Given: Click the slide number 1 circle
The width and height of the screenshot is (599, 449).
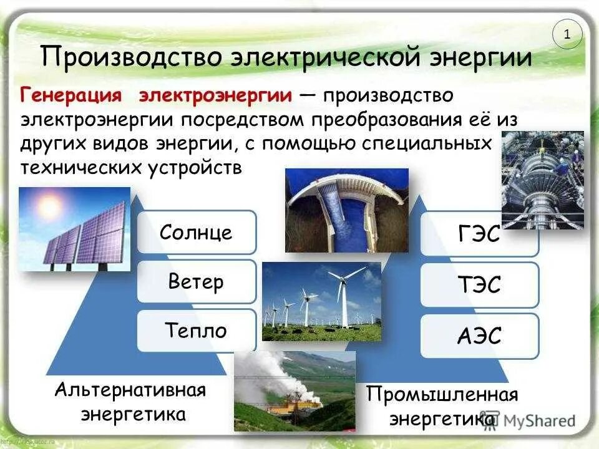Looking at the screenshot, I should click(567, 35).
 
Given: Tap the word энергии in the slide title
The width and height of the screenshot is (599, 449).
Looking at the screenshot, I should click(480, 58).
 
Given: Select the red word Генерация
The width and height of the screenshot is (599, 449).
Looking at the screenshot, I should click(71, 96).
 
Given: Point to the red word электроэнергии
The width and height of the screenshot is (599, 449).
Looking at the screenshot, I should click(215, 96).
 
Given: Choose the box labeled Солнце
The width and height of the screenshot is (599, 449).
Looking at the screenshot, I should click(196, 233).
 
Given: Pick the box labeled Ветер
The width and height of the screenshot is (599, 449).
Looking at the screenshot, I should click(196, 282).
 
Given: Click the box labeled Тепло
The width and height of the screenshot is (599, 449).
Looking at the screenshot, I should click(196, 331).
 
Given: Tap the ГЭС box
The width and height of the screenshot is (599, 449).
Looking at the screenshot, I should click(479, 236).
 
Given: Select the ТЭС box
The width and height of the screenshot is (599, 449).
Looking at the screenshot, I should click(479, 286).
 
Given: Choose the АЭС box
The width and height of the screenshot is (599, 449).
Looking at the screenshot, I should click(479, 336).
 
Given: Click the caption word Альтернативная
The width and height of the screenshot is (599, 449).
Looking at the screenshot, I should click(130, 391).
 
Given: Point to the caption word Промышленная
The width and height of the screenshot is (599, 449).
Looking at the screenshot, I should click(442, 395).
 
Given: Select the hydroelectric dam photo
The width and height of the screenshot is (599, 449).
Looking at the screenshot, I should click(347, 210).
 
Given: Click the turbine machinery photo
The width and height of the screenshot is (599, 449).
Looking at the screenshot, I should click(542, 181).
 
